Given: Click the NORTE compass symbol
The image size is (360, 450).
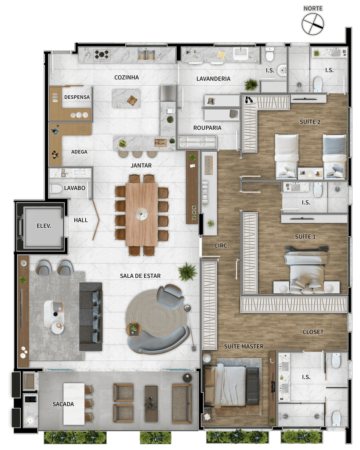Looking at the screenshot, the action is pos(313,24).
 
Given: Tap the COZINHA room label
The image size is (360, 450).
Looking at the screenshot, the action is pos(127,77).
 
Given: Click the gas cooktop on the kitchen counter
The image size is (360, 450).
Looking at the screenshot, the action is pos(102,54).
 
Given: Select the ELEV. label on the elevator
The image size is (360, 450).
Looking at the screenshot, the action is pos(44,226).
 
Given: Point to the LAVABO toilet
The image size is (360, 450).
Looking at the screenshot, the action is pos(56,189).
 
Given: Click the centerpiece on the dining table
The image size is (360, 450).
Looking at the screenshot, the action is pos(141,214).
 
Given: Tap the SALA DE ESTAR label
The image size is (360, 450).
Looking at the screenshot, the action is pos(140,276).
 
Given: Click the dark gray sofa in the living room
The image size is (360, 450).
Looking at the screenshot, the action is pos(91,316).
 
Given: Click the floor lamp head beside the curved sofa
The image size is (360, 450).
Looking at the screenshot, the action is pos(187,308).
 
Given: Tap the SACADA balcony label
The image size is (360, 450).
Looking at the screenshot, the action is pos(63,404).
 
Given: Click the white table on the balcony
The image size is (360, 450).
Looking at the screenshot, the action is pos(74,404).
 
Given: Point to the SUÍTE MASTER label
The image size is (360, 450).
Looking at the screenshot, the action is pos(244,346).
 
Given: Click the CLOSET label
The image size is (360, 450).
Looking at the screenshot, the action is pos(313,332).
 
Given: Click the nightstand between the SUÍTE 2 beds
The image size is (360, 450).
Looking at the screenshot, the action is pos(310,173).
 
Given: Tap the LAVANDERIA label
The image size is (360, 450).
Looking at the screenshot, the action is pos(213,79).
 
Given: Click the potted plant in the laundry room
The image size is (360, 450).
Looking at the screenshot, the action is pos(251,85).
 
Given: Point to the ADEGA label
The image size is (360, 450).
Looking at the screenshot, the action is pos(79,152).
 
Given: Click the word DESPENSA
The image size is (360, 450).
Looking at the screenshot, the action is pos(77,97).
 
